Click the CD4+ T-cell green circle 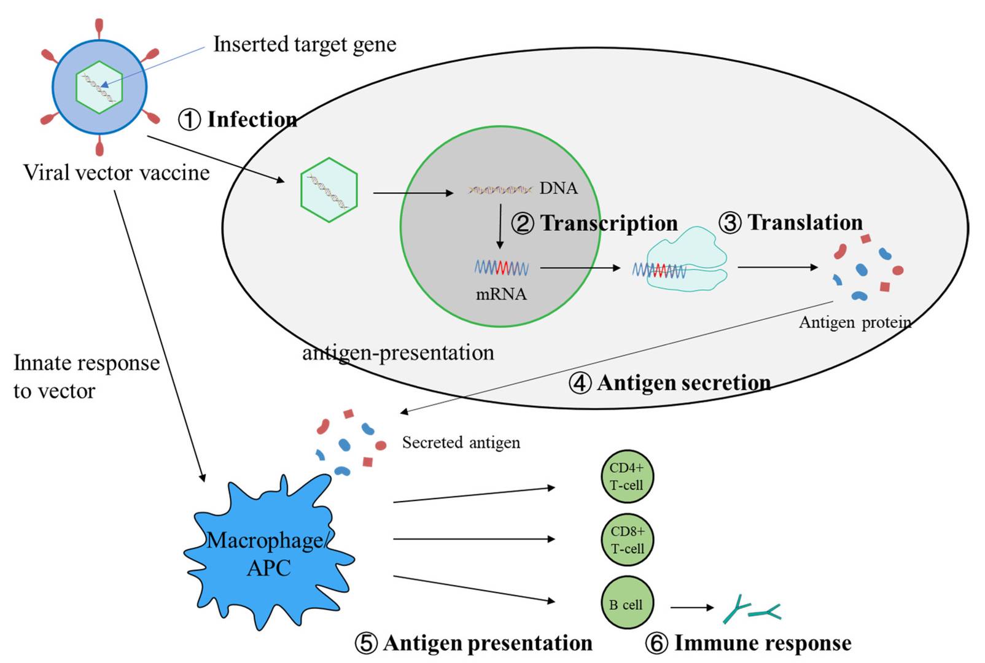[x=626, y=476]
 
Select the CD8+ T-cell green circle [x=627, y=540]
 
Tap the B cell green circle [x=626, y=603]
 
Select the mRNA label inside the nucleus [x=501, y=294]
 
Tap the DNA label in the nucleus [x=558, y=188]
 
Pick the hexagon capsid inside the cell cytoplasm [x=329, y=190]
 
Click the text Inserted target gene [x=305, y=44]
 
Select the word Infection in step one [x=252, y=119]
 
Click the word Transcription [x=609, y=223]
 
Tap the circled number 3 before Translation [x=730, y=223]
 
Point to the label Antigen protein [x=854, y=322]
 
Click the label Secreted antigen [x=461, y=442]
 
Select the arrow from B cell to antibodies [x=691, y=608]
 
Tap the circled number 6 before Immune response [x=656, y=643]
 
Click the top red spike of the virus [x=99, y=28]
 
